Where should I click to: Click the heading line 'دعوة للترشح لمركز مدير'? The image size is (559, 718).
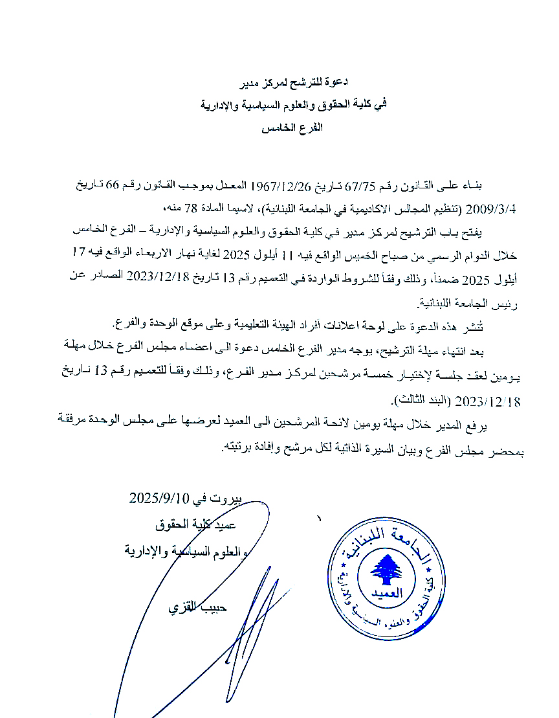point(295,82)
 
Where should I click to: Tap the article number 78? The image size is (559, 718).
point(188,208)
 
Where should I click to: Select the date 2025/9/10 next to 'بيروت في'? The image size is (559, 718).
point(159,499)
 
